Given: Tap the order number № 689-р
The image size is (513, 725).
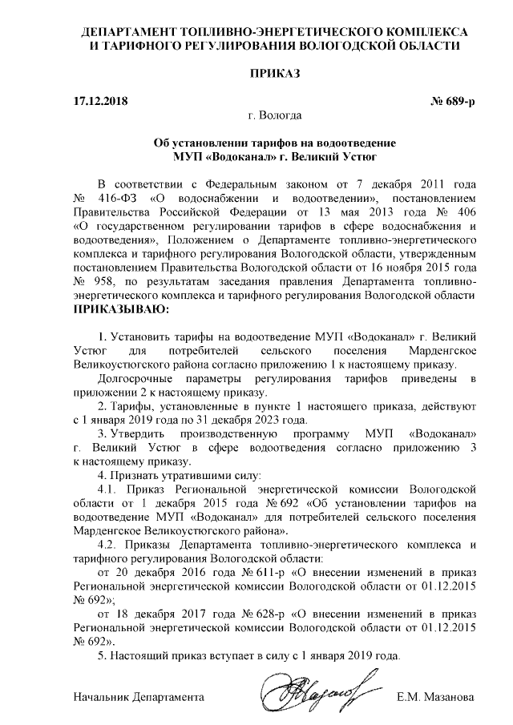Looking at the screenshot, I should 453,102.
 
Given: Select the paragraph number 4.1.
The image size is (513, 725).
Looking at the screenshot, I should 109,488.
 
